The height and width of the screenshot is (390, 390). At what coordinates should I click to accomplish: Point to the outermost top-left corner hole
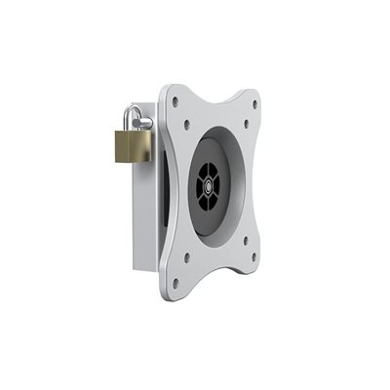pos(175,99)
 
